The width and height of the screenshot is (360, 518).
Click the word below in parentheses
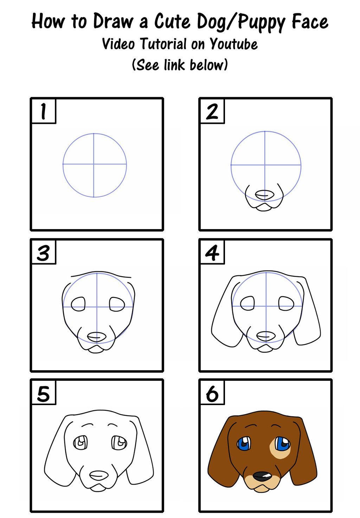207,65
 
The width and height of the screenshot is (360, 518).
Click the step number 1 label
44,112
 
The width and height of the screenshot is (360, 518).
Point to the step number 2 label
212,112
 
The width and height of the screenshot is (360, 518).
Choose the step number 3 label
44,253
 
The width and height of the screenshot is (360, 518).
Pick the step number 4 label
212,253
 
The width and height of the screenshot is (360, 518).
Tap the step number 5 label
44,394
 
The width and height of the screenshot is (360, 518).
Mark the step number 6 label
212,394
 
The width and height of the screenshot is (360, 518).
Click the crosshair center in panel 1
94,164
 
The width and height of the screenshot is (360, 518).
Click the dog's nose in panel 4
266,336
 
